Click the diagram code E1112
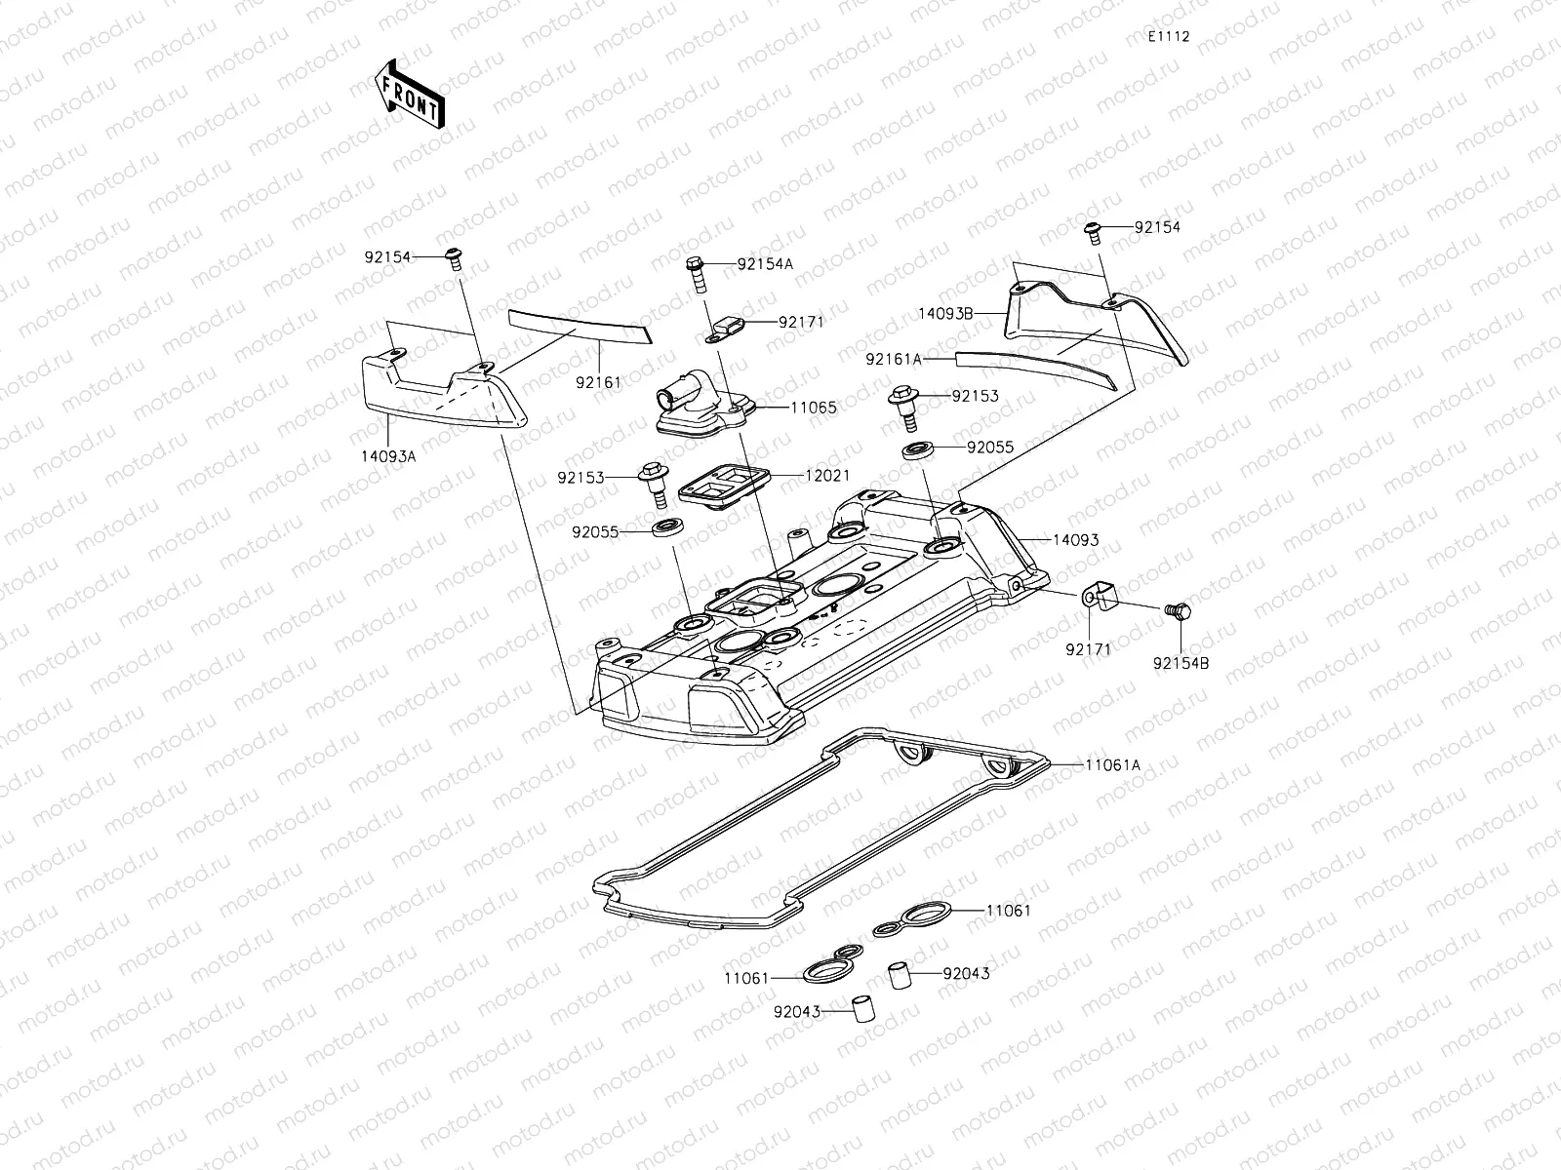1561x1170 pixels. [1168, 37]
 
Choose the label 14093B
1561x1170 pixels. [945, 313]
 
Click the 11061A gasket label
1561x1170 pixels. [1112, 765]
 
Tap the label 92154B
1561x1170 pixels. [1181, 663]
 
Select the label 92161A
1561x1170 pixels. [893, 359]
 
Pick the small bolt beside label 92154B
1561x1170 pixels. [1179, 611]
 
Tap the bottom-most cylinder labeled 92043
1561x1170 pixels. [861, 1010]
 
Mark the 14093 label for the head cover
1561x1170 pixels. [1075, 539]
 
